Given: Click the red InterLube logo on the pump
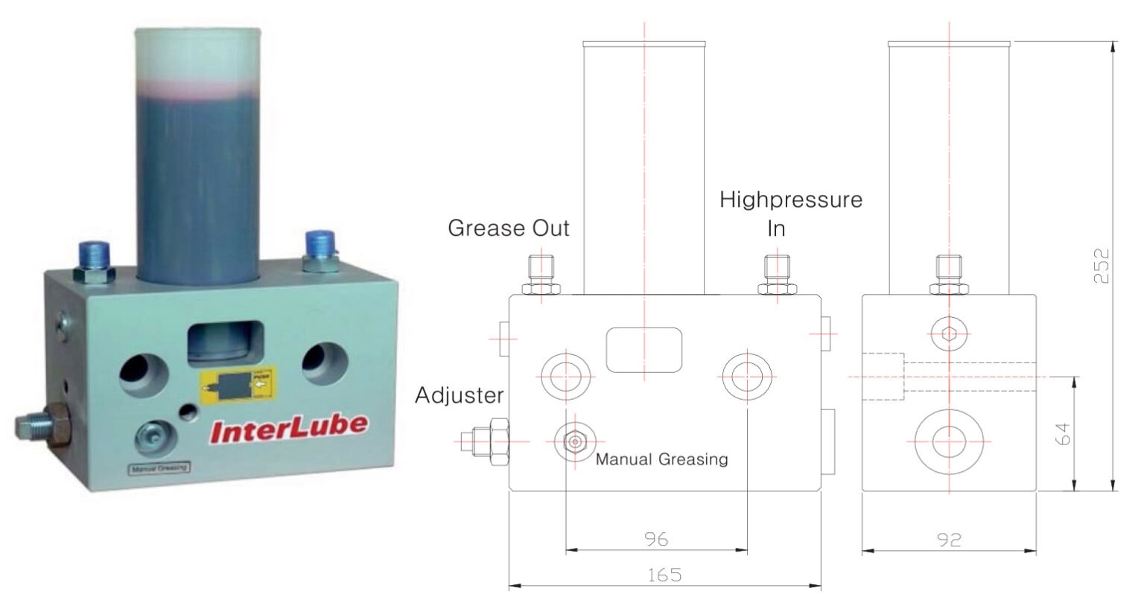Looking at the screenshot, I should tap(289, 429).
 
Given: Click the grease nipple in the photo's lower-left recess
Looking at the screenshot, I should tap(154, 438).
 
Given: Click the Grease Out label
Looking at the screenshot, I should tap(508, 228).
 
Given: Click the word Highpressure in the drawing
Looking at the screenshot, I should tap(790, 199).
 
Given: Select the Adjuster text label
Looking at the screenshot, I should tap(459, 395).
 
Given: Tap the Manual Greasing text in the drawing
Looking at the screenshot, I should tap(661, 459).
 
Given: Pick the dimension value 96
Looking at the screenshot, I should tap(655, 539).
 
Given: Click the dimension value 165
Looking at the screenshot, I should tap(664, 575).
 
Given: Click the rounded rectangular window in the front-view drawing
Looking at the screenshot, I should tap(644, 349).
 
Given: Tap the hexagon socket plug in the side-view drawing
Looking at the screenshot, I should tap(948, 333).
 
